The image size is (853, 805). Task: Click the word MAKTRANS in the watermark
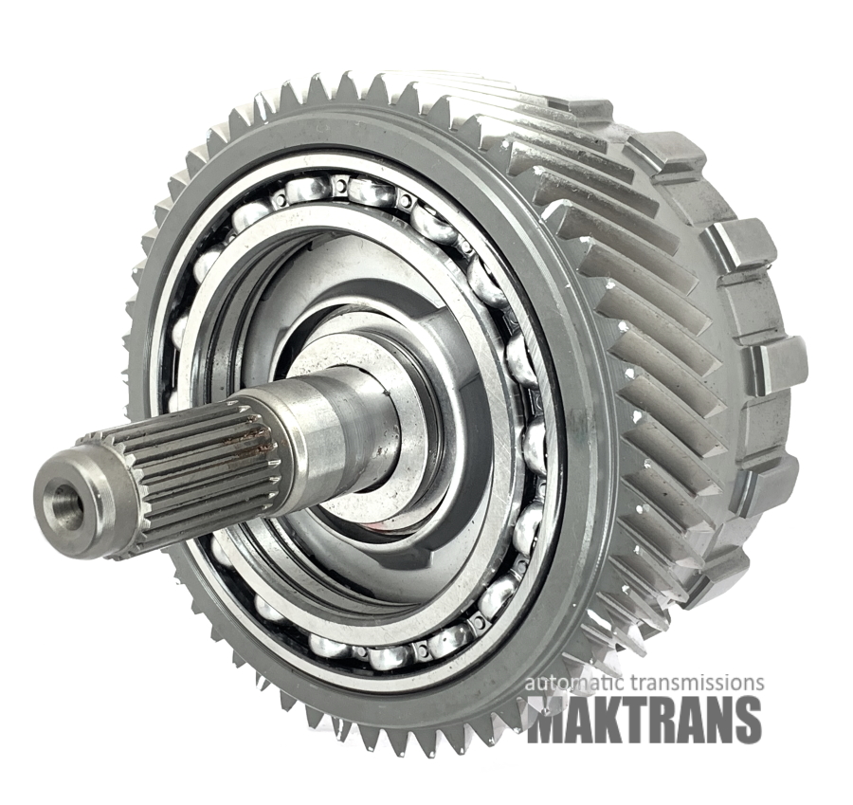point(644,718)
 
